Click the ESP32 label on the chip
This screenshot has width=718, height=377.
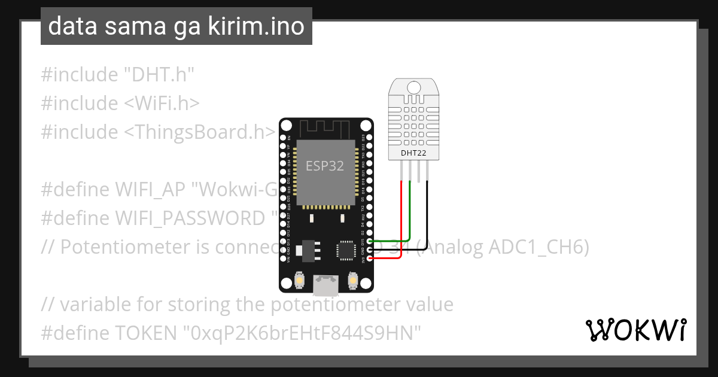pyautogui.click(x=325, y=166)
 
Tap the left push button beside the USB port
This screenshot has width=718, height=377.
pyautogui.click(x=300, y=279)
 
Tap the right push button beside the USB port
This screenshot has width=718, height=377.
pyautogui.click(x=352, y=279)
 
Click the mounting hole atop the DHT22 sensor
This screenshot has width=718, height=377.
pyautogui.click(x=413, y=87)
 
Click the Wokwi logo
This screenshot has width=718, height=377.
pyautogui.click(x=635, y=330)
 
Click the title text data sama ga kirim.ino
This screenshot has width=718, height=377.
pyautogui.click(x=176, y=26)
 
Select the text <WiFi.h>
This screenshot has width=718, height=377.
pyautogui.click(x=162, y=104)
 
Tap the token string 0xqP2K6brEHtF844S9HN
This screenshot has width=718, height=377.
pyautogui.click(x=305, y=333)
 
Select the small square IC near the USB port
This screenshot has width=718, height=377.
pyautogui.click(x=346, y=250)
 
